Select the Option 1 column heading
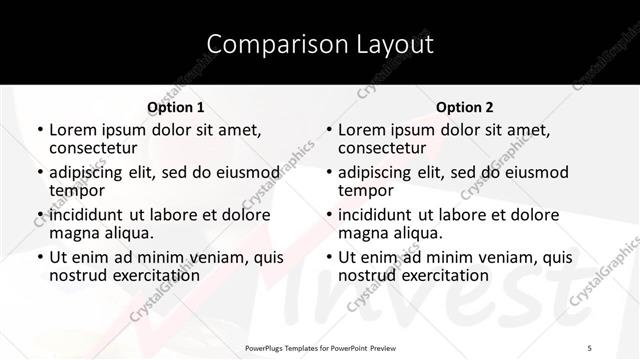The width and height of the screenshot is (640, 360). (175, 107)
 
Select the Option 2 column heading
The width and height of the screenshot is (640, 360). (465, 107)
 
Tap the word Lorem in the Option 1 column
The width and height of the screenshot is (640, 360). (71, 130)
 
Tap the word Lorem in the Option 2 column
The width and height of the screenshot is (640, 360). (360, 130)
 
